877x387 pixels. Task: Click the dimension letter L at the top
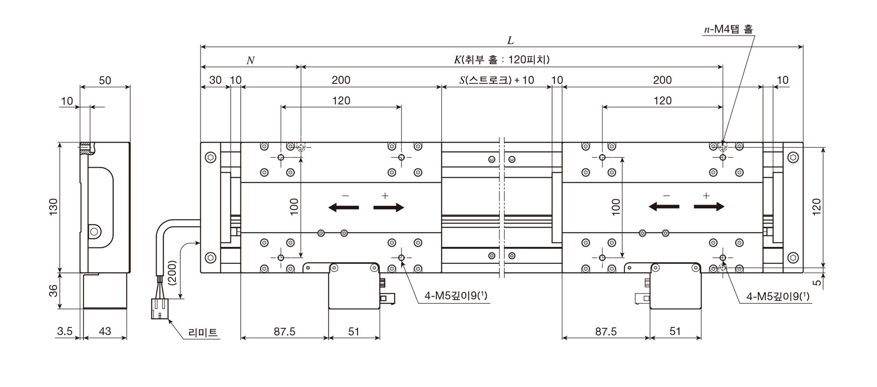point(510,41)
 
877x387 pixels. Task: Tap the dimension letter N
point(250,61)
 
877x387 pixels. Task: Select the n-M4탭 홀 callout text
point(728,29)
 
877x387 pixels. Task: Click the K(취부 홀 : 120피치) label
point(502,60)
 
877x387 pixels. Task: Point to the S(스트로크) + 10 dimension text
point(497,80)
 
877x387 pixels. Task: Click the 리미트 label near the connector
point(203,333)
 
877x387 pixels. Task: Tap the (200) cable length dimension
point(172,274)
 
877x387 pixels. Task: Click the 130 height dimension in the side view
point(53,207)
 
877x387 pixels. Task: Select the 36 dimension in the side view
point(53,290)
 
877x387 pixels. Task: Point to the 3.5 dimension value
point(65,331)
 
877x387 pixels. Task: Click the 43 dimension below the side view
point(105,331)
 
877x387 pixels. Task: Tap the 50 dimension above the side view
point(105,81)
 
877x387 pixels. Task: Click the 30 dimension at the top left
point(215,80)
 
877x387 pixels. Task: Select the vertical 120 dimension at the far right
point(816,207)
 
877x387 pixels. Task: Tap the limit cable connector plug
point(160,309)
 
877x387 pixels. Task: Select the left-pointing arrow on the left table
point(343,207)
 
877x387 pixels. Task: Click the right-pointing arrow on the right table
point(709,207)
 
